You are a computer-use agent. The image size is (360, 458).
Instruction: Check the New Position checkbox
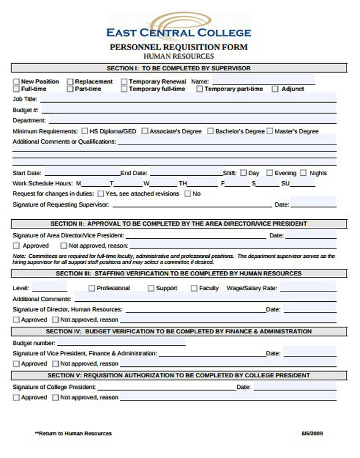[16, 82]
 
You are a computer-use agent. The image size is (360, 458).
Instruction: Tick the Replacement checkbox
[70, 82]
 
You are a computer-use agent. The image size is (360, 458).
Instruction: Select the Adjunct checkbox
[275, 89]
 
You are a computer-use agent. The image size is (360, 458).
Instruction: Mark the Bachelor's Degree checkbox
[210, 131]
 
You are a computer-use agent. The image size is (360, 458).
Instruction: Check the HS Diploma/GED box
[84, 131]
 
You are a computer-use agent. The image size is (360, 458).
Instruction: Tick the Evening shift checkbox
[269, 173]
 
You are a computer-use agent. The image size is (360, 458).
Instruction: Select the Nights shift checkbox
[303, 173]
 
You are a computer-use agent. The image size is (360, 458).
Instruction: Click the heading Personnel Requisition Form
[178, 48]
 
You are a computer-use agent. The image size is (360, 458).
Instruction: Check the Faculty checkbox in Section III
[194, 288]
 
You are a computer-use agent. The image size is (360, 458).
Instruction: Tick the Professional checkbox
[91, 288]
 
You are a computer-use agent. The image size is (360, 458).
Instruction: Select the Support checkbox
[151, 288]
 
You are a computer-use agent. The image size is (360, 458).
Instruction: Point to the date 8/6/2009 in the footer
[312, 433]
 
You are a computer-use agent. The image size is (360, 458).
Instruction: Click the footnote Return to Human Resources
[73, 433]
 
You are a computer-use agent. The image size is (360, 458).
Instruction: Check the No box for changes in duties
[188, 194]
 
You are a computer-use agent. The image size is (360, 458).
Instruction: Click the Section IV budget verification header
[178, 331]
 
